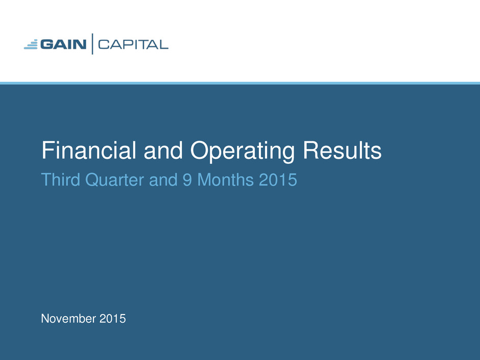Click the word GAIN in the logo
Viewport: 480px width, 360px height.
[x=63, y=44]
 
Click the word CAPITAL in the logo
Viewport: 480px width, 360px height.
[x=133, y=45]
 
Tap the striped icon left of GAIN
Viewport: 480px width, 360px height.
[x=31, y=44]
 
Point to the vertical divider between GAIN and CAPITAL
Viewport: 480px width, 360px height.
[x=92, y=44]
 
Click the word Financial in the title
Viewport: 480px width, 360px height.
[x=89, y=150]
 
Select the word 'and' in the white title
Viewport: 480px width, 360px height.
[x=163, y=150]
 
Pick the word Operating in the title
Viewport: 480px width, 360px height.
[x=243, y=151]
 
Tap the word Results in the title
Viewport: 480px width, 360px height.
[x=342, y=150]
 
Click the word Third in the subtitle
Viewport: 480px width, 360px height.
[x=61, y=179]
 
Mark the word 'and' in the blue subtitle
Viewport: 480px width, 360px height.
[x=163, y=179]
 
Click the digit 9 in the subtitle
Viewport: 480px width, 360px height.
[x=187, y=180]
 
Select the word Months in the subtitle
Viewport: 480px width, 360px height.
[x=226, y=179]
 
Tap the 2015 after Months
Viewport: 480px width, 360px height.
[x=278, y=180]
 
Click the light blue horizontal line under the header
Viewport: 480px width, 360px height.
[x=240, y=83]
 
